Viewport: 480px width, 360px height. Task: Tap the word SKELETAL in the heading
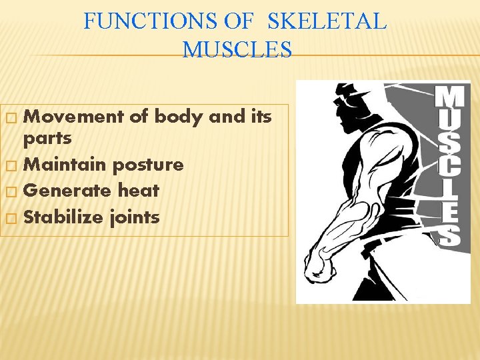[x=327, y=22]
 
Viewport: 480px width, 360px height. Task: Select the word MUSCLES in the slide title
[x=237, y=49]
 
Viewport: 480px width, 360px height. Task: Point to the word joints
[x=135, y=217]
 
